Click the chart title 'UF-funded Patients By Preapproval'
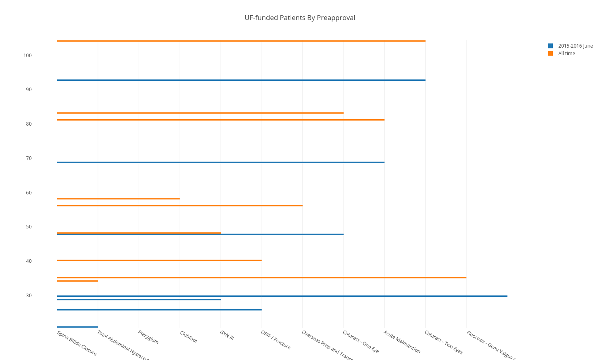pyautogui.click(x=300, y=18)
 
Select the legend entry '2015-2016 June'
pyautogui.click(x=575, y=46)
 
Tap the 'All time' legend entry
pyautogui.click(x=566, y=54)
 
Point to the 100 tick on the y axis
pyautogui.click(x=27, y=56)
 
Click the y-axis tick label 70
pyautogui.click(x=29, y=158)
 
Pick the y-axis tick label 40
pyautogui.click(x=29, y=261)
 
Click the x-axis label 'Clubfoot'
pyautogui.click(x=188, y=337)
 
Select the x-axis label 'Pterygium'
pyautogui.click(x=148, y=337)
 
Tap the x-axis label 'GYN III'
pyautogui.click(x=227, y=335)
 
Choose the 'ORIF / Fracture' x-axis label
pyautogui.click(x=276, y=340)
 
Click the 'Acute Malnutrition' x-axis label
pyautogui.click(x=402, y=342)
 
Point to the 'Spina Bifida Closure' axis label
pyautogui.click(x=77, y=343)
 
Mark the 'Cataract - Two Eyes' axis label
pyautogui.click(x=443, y=342)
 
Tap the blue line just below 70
pyautogui.click(x=220, y=162)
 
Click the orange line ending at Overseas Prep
pyautogui.click(x=180, y=206)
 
